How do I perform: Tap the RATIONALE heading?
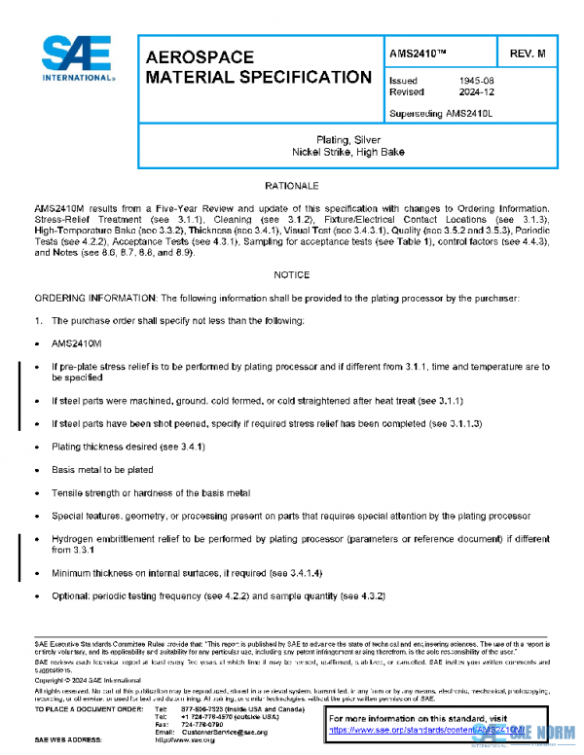[292, 185]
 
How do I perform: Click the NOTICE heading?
[292, 275]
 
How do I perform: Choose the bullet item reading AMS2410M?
[76, 343]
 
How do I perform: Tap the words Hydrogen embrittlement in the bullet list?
[107, 538]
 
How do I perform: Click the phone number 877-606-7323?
[201, 709]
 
